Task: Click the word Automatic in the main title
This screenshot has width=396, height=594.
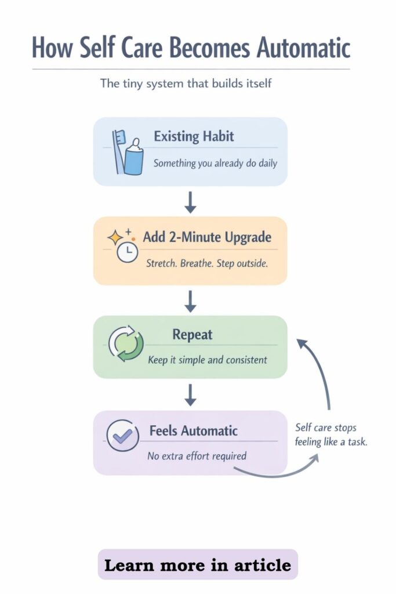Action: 304,48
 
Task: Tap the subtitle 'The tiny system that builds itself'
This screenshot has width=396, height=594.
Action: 186,83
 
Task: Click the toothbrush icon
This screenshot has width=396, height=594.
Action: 118,151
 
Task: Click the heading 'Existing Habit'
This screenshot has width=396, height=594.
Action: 194,136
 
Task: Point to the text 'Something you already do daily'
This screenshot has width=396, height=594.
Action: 215,163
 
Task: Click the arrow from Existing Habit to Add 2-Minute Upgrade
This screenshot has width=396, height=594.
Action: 190,202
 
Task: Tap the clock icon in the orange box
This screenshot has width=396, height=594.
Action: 127,252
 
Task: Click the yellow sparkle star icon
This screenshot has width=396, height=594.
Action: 115,237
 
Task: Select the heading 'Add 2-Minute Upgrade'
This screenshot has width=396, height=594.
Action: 207,237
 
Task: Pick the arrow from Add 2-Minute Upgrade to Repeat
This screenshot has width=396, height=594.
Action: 190,301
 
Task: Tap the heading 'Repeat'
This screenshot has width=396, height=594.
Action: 192,335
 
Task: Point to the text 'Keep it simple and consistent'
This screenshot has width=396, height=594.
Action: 208,360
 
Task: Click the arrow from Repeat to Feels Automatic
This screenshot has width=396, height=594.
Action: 190,395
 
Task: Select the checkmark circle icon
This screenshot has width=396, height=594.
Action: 123,436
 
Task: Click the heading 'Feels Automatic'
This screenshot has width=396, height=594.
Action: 194,431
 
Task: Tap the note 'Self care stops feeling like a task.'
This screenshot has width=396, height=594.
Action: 331,434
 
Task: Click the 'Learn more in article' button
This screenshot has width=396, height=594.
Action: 198,565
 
